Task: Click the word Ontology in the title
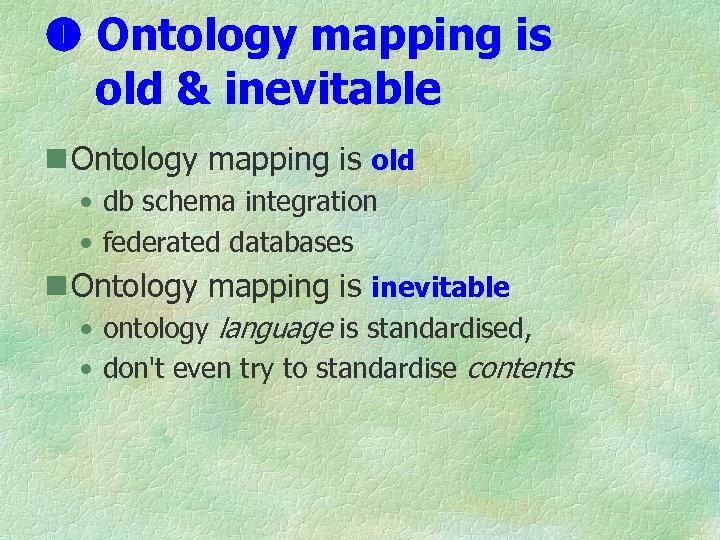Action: [197, 37]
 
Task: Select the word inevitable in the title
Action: [332, 89]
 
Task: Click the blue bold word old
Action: [392, 160]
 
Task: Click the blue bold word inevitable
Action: [440, 288]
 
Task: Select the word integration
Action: [311, 202]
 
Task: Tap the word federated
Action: [163, 242]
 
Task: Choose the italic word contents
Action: [519, 368]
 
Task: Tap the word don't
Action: [135, 368]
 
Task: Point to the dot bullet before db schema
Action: [89, 203]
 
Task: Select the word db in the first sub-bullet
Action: [119, 202]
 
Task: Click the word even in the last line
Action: [203, 368]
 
